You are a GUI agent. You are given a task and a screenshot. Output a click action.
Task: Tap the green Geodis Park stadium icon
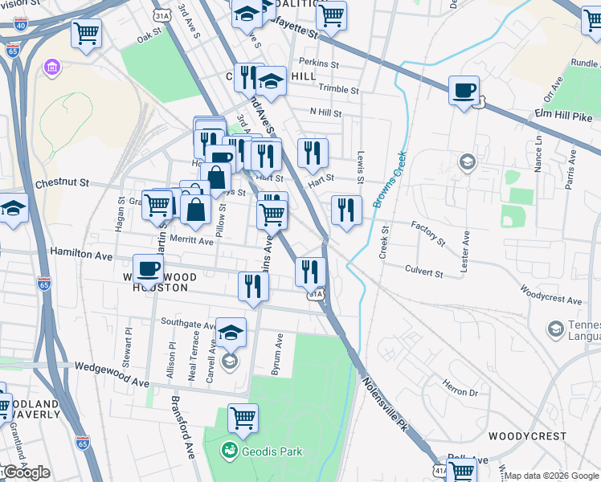[x=230, y=451]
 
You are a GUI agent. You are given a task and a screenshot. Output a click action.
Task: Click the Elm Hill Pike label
[x=562, y=116]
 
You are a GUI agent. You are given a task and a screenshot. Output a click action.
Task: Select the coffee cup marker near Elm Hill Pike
[x=464, y=90]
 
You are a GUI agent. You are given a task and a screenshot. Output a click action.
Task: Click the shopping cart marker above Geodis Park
[x=243, y=418]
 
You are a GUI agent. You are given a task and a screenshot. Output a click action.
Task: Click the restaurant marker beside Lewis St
[x=346, y=210]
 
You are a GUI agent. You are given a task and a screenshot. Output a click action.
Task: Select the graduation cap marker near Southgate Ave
[x=231, y=332]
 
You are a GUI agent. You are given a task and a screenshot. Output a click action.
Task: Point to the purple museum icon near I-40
[x=53, y=65]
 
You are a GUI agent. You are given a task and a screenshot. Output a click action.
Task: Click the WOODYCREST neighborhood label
[x=521, y=436]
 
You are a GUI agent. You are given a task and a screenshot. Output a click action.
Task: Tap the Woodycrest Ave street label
[x=550, y=294]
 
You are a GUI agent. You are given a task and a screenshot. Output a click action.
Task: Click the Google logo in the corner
[x=26, y=473]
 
